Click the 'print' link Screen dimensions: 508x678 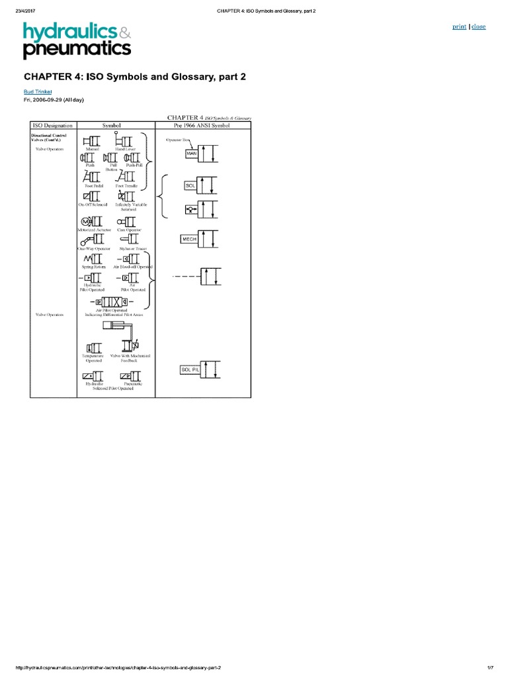tap(459, 26)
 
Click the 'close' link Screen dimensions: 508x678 tap(478, 26)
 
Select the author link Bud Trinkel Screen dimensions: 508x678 tap(38, 91)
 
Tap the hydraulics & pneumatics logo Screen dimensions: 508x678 tap(77, 40)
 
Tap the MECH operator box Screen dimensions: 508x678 tap(191, 239)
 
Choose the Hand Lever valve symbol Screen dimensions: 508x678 tap(124, 141)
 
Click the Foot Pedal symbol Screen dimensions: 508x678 tap(93, 177)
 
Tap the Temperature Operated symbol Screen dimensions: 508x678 tap(93, 348)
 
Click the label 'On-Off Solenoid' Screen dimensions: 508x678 tap(93, 205)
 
